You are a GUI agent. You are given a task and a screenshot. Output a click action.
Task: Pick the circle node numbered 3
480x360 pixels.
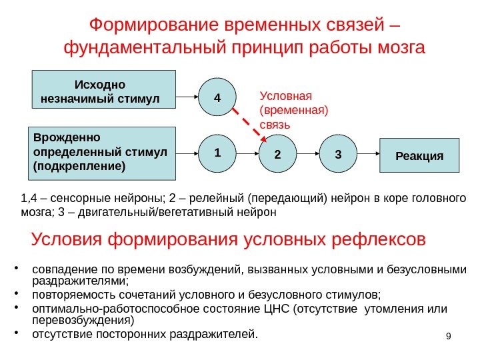click(x=337, y=155)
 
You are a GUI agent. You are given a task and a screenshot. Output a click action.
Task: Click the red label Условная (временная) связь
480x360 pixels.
click(x=285, y=109)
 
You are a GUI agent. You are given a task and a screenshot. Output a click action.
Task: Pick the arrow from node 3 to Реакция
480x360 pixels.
click(x=367, y=155)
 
